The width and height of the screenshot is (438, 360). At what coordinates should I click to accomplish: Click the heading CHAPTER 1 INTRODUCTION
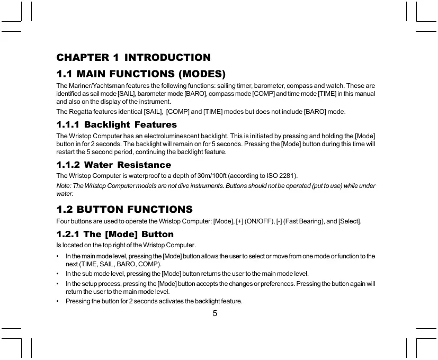pyautogui.click(x=133, y=57)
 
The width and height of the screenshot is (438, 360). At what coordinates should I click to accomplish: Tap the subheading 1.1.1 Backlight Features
pyautogui.click(x=117, y=125)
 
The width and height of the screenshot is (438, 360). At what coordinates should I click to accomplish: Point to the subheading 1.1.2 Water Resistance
pyautogui.click(x=113, y=165)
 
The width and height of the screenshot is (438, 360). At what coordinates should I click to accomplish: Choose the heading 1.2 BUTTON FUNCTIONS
pyautogui.click(x=124, y=209)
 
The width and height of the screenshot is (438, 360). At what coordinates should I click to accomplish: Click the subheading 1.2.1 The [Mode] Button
pyautogui.click(x=115, y=234)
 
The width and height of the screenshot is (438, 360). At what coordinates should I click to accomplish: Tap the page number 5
pyautogui.click(x=215, y=313)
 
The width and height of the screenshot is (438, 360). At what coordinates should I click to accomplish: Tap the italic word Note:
pyautogui.click(x=64, y=186)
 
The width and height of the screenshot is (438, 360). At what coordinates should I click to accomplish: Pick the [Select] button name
pyautogui.click(x=349, y=221)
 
